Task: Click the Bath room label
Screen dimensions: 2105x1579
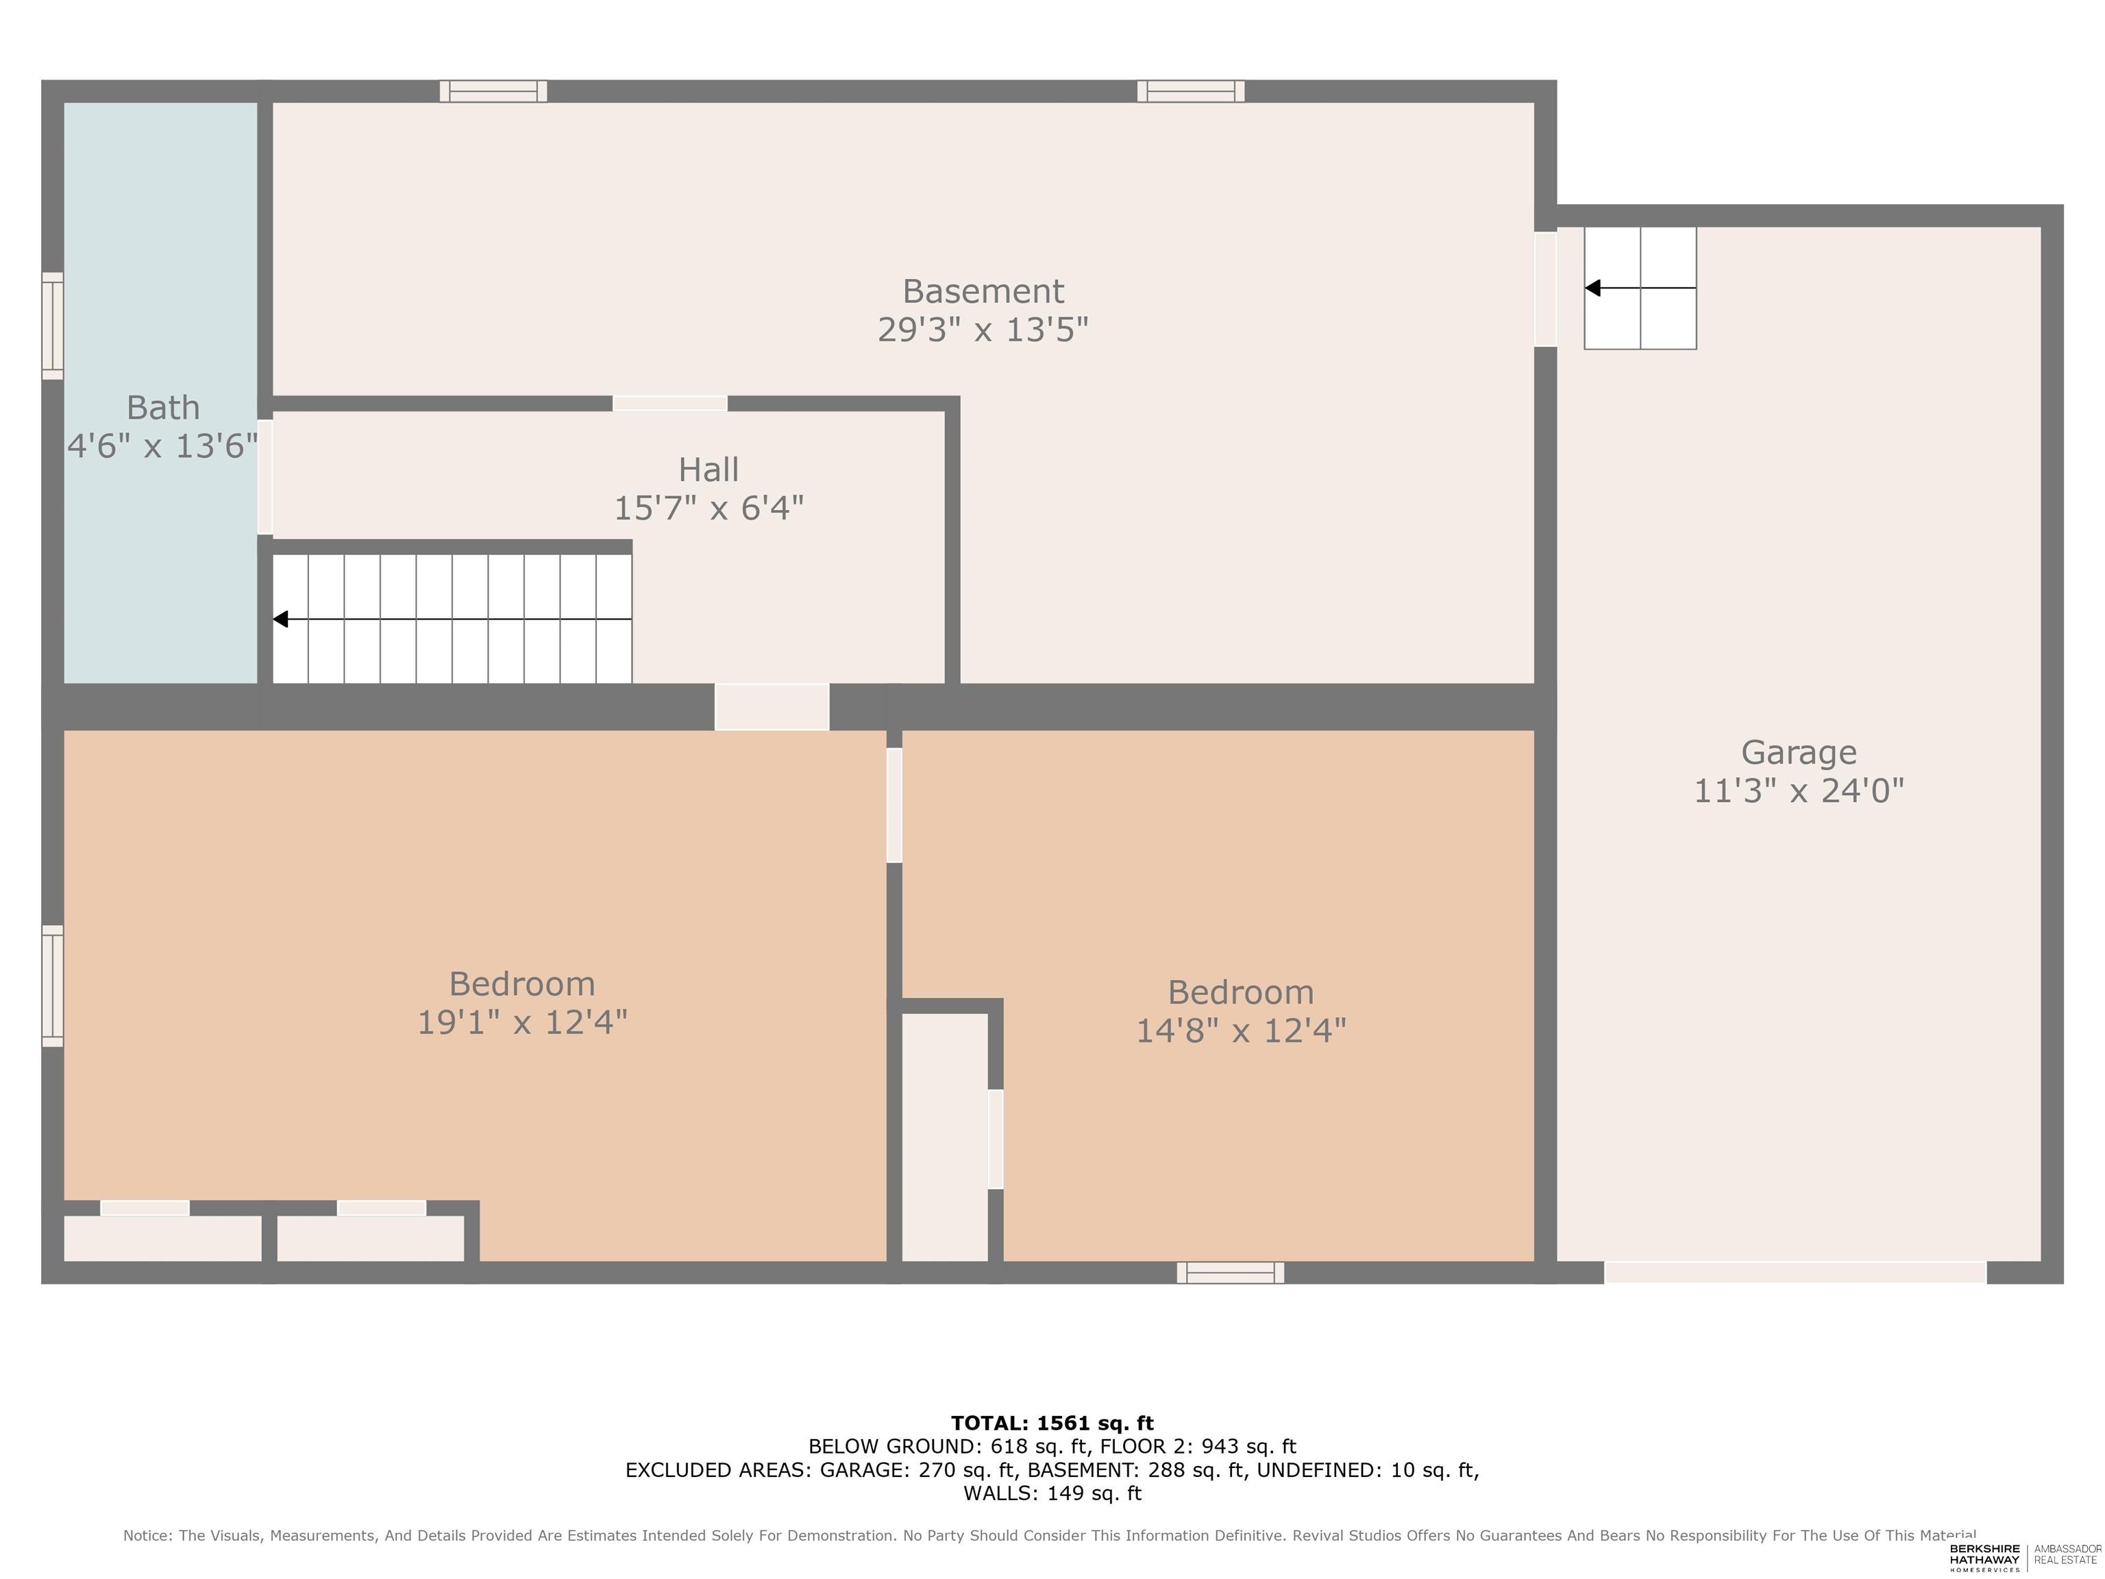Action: (162, 407)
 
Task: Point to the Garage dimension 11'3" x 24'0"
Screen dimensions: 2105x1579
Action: (1799, 791)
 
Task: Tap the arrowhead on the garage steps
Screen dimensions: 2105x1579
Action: (1592, 287)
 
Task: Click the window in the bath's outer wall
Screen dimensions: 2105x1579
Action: (52, 326)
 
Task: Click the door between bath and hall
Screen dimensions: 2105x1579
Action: (265, 477)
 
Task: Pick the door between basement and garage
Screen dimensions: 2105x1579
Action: (1545, 289)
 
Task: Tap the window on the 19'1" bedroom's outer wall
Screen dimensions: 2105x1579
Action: (52, 986)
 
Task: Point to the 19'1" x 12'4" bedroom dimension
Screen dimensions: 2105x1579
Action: (522, 1023)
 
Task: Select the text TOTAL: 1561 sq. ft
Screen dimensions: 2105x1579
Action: (1052, 1423)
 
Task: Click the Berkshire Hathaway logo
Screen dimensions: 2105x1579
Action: (1984, 1557)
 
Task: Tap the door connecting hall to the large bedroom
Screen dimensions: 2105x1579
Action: (772, 707)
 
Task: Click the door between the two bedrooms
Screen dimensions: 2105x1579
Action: (894, 805)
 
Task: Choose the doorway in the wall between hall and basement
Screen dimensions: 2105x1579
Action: (670, 404)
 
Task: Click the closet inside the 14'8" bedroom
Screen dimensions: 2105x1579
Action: (945, 1138)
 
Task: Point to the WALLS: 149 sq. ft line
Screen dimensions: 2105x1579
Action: (1052, 1493)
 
